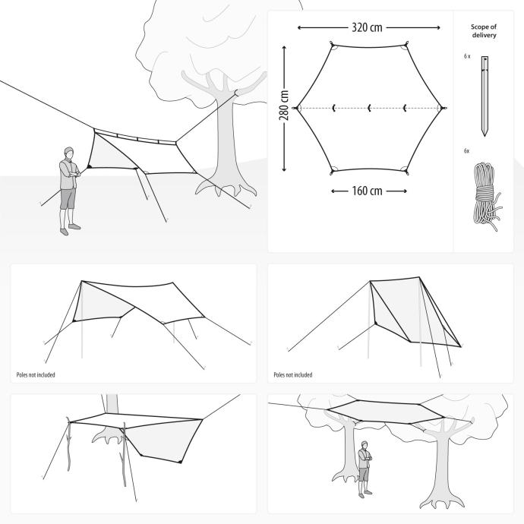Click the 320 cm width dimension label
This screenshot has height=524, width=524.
click(x=368, y=27)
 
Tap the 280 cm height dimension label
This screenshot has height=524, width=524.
click(x=284, y=107)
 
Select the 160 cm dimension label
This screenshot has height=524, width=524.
click(x=368, y=191)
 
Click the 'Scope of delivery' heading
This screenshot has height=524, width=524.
click(x=484, y=30)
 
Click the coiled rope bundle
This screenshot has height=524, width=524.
click(x=484, y=194)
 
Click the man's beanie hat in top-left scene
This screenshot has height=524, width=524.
click(x=69, y=151)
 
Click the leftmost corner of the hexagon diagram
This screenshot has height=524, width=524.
click(x=296, y=108)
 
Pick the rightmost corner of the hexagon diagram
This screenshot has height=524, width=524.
click(x=444, y=108)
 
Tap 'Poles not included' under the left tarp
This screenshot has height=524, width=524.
click(x=35, y=375)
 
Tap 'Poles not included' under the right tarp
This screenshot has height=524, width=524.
click(x=292, y=375)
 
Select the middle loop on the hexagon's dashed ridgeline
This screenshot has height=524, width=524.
click(x=369, y=108)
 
